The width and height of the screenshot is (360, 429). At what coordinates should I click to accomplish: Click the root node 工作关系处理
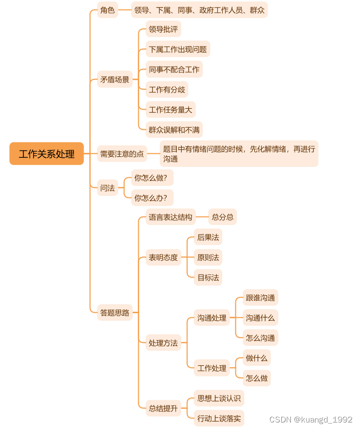(x=47, y=154)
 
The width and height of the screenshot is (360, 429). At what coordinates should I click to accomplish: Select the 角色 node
(x=107, y=10)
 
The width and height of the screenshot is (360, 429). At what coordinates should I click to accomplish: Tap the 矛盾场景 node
(x=115, y=79)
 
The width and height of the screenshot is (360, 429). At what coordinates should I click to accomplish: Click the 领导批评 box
(x=163, y=29)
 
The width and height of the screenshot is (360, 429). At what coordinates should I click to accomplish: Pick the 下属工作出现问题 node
(x=178, y=49)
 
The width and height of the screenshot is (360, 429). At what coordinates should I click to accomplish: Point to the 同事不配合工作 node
(x=174, y=69)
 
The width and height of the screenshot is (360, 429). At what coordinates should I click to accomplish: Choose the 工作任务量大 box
(x=170, y=109)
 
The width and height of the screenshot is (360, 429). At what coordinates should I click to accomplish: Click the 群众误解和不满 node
(x=174, y=129)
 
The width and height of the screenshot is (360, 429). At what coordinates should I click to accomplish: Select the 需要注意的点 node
(x=122, y=154)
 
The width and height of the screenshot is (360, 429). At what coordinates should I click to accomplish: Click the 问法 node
(x=107, y=188)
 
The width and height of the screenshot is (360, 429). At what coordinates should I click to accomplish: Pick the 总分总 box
(x=222, y=217)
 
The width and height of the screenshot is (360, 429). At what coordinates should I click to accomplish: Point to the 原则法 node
(x=208, y=258)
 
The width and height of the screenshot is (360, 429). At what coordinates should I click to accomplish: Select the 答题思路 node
(x=115, y=313)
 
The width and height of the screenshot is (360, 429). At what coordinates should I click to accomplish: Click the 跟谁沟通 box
(x=260, y=298)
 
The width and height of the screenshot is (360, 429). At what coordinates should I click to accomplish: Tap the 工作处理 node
(x=211, y=368)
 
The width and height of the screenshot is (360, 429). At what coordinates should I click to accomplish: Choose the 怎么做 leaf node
(x=256, y=378)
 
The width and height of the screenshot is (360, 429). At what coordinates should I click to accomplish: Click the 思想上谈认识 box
(x=219, y=398)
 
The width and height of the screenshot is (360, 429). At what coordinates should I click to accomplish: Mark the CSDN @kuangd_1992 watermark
(x=310, y=419)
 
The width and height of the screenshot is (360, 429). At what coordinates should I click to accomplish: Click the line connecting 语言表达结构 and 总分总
(x=202, y=217)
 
